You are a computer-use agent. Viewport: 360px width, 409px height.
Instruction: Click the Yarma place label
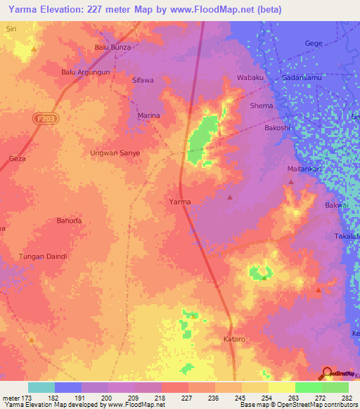pos(180,202)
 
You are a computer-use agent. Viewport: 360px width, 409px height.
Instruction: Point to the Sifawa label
pos(143,81)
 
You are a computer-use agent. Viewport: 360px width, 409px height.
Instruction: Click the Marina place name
pos(148,115)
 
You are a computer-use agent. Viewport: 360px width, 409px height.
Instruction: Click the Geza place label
pos(18,159)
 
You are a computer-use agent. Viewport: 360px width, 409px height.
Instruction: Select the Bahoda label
pos(69,221)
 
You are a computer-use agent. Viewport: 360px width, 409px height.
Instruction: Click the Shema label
pos(262,106)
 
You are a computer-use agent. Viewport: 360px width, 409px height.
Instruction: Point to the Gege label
pos(314,44)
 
